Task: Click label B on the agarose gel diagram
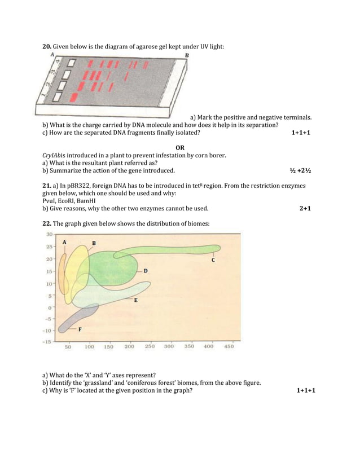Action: click(x=187, y=55)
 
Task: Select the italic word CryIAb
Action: click(x=53, y=156)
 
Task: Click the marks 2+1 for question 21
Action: click(x=305, y=208)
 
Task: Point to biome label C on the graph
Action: click(x=213, y=260)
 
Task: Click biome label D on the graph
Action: click(x=146, y=271)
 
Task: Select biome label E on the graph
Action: click(x=135, y=301)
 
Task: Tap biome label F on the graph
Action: click(x=80, y=329)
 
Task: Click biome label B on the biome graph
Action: click(x=94, y=243)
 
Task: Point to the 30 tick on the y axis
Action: click(x=49, y=234)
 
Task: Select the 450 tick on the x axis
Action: click(x=229, y=347)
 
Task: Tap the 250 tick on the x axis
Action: click(x=150, y=347)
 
